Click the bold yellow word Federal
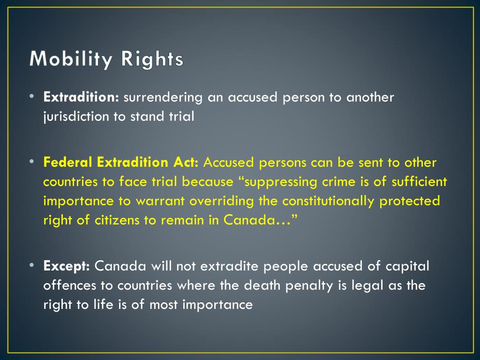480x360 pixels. [68, 163]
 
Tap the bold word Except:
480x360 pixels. [67, 266]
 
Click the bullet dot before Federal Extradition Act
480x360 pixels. [31, 162]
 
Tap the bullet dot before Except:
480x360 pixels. [31, 265]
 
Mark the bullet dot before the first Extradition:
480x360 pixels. [31, 96]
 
